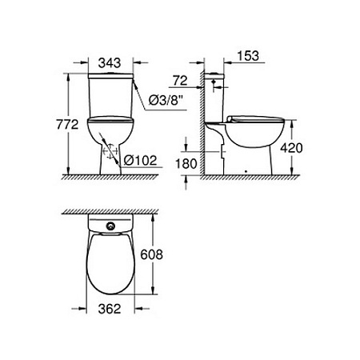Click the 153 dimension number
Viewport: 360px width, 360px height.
pos(250,57)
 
